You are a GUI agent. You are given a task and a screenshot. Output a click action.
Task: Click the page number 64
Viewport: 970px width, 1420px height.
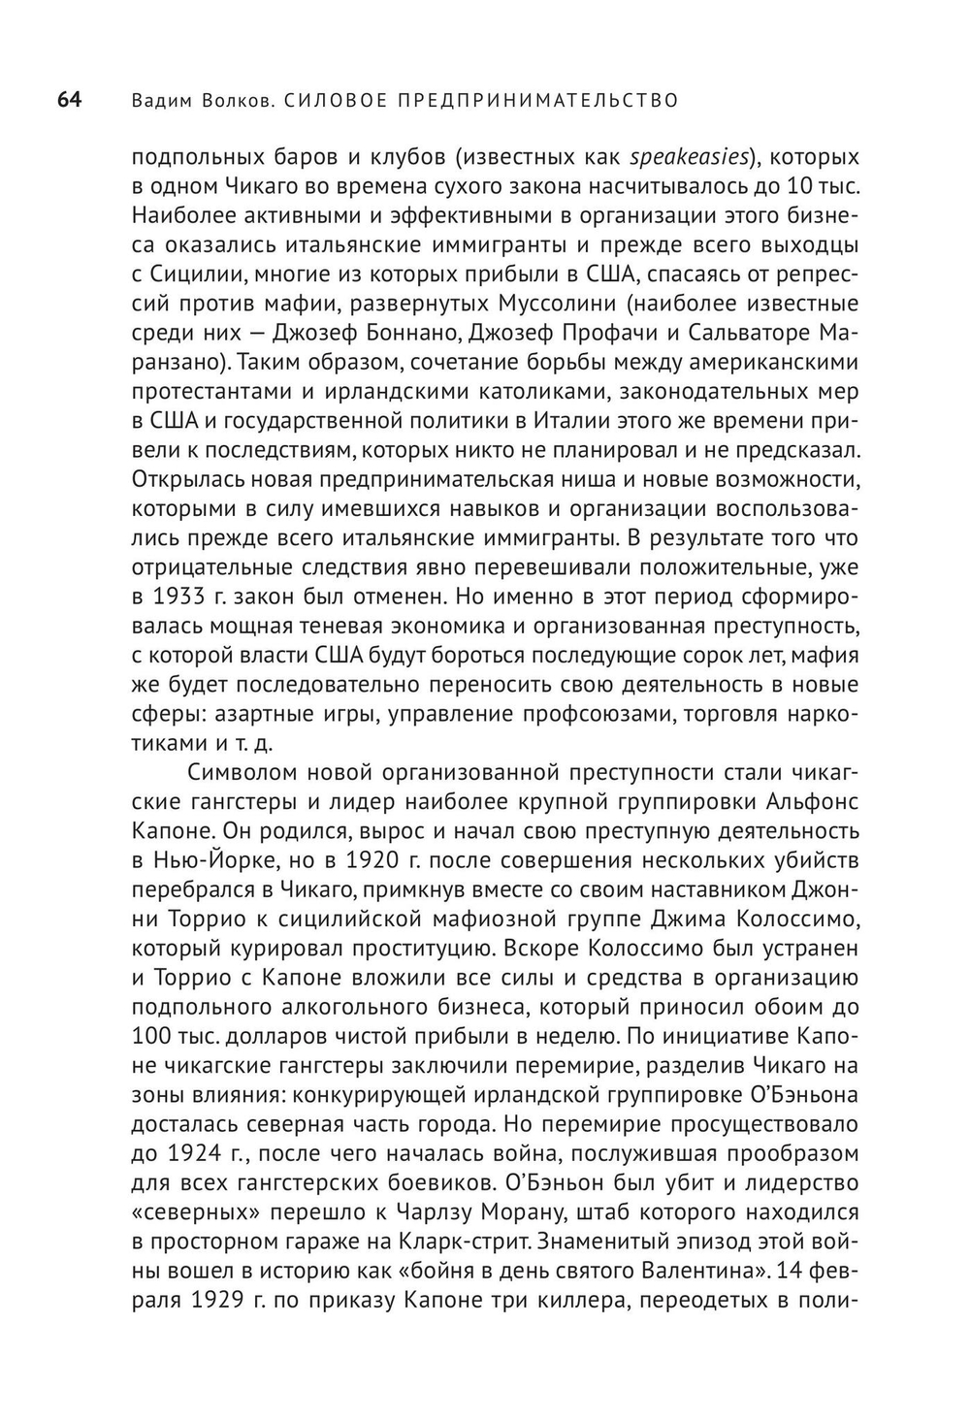[x=69, y=100]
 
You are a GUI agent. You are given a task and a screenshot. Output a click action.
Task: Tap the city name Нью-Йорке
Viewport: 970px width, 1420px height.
[x=207, y=860]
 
